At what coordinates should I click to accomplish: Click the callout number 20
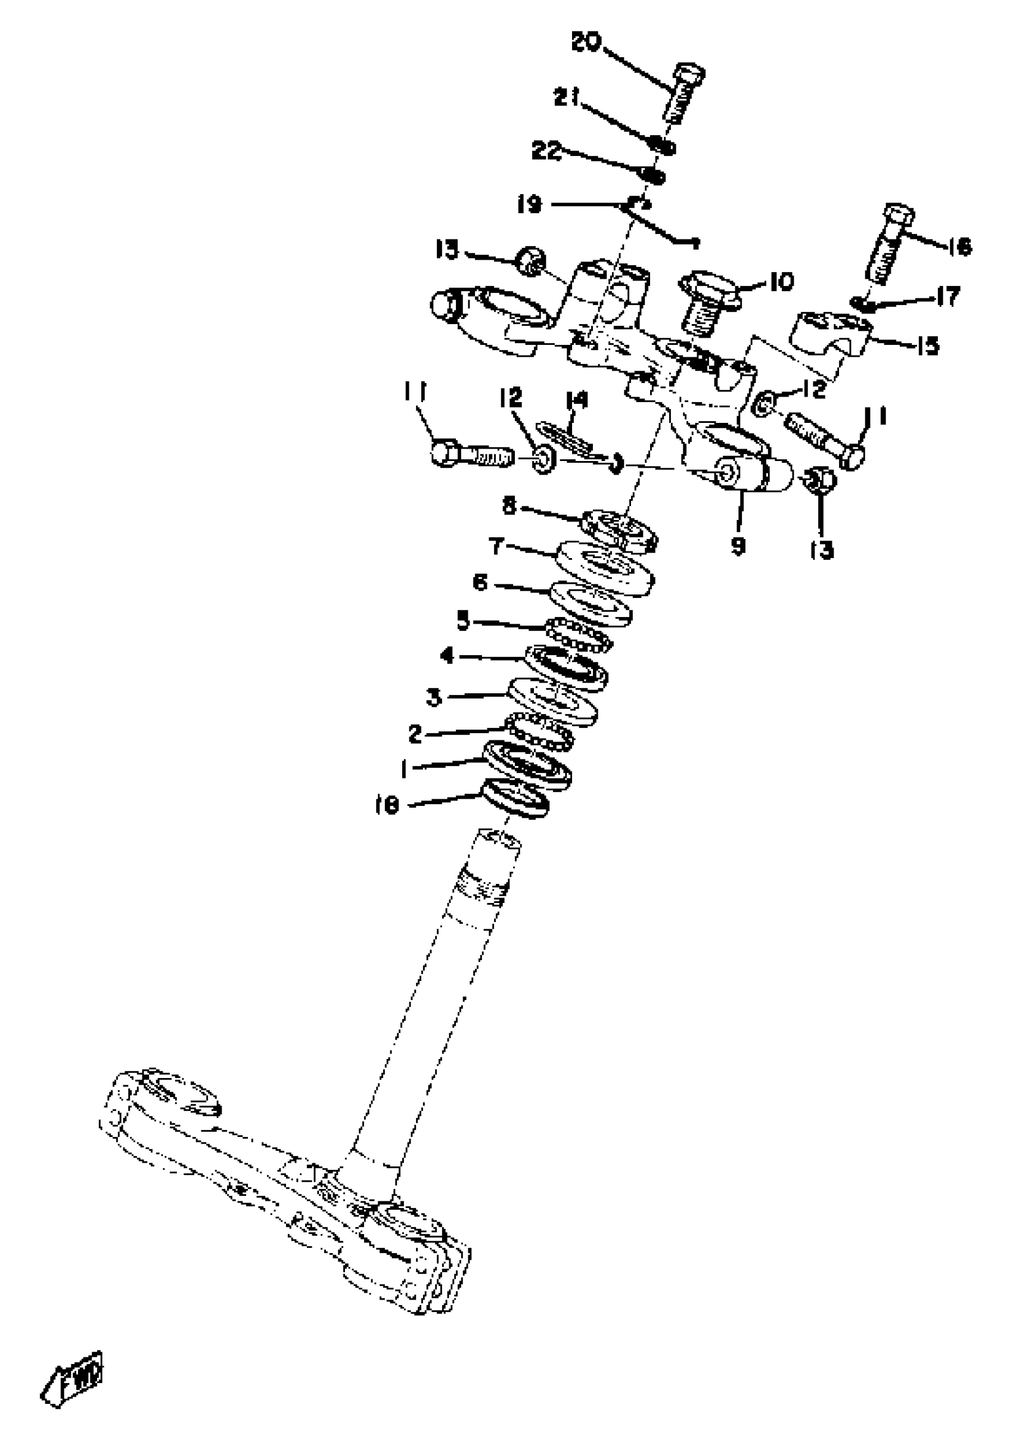click(586, 43)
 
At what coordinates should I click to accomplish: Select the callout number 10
click(781, 282)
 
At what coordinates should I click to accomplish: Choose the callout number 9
click(738, 546)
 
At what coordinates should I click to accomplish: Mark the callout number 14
click(576, 400)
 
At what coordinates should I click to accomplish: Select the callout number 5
click(463, 622)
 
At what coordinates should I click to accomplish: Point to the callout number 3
click(434, 697)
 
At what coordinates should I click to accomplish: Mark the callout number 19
click(529, 205)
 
